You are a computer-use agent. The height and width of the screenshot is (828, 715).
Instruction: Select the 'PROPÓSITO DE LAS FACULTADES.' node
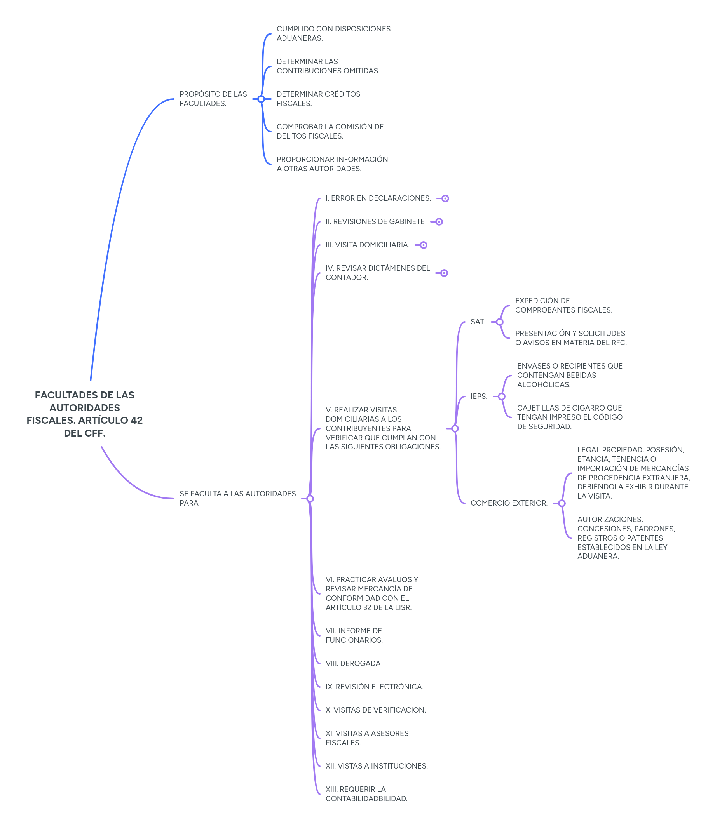[213, 99]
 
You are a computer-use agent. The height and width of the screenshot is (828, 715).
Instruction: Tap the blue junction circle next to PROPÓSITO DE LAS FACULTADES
[261, 99]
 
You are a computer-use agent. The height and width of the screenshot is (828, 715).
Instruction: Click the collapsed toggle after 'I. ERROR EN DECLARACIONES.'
[445, 198]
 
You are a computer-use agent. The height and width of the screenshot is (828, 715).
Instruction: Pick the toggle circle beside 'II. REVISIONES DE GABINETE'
[439, 222]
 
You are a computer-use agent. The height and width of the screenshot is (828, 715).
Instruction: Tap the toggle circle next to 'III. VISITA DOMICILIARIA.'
[424, 245]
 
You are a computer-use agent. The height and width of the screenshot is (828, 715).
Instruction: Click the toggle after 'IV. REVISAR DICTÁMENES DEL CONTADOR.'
[444, 273]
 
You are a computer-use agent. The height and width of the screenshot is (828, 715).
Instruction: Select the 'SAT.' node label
[478, 322]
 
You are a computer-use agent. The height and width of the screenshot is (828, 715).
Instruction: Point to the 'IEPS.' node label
[479, 397]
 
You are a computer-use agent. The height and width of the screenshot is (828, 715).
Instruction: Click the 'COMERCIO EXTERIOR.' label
[509, 503]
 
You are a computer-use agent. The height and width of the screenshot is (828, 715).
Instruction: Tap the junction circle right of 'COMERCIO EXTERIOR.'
[562, 503]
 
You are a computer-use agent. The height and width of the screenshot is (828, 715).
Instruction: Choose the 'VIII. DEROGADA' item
[353, 663]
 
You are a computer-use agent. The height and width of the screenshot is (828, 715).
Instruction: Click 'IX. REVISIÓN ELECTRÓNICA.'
[374, 687]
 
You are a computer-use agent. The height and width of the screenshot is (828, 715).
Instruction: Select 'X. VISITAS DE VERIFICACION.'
[375, 710]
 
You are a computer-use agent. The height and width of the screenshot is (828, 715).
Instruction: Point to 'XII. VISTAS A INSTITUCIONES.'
[376, 766]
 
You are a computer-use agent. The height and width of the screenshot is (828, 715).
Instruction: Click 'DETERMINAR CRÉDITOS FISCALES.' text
[318, 99]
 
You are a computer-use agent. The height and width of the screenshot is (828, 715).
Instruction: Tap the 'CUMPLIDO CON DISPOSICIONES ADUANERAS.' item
[333, 33]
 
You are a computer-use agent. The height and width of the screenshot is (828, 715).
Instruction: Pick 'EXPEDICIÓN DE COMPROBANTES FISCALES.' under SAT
[563, 305]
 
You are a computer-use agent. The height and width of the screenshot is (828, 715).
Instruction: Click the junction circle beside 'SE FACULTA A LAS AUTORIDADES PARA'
[310, 499]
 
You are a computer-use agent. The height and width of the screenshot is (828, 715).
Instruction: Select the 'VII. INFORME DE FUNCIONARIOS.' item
[354, 635]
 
